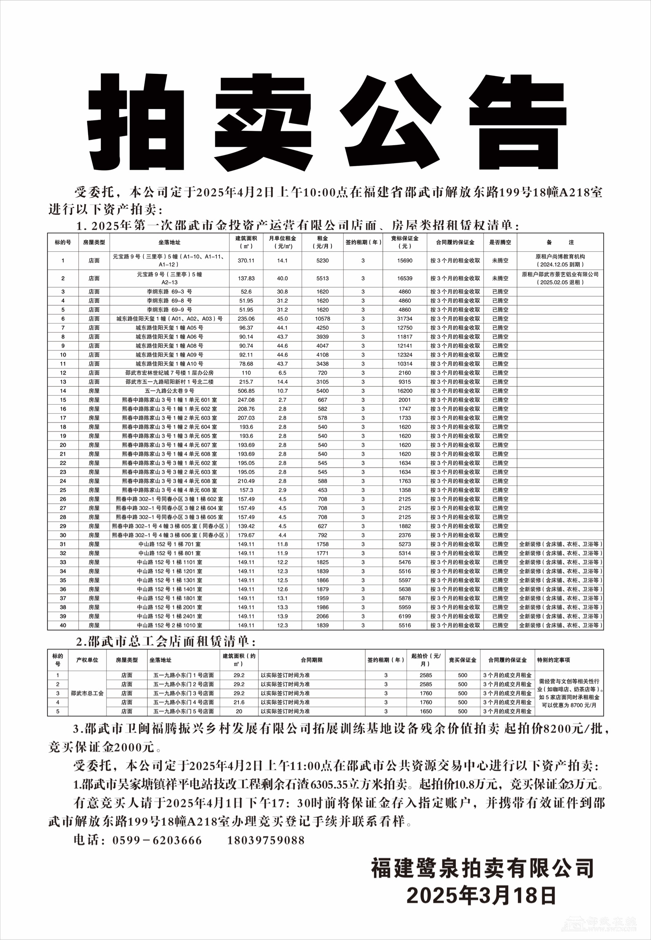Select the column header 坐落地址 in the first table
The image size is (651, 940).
pos(170,242)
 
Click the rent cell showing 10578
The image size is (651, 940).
pos(322,319)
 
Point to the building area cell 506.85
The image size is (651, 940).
pos(246,391)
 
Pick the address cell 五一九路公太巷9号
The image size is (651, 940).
pos(170,391)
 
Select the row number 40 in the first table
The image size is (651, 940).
pos(63,625)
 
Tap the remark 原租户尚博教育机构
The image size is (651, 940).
pos(560,257)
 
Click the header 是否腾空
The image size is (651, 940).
pos(500,242)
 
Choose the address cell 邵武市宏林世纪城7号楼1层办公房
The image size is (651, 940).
pos(170,373)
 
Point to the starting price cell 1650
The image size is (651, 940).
pos(426,711)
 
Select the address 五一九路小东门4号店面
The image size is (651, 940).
pos(184,702)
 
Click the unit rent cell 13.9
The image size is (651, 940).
pos(282,616)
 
